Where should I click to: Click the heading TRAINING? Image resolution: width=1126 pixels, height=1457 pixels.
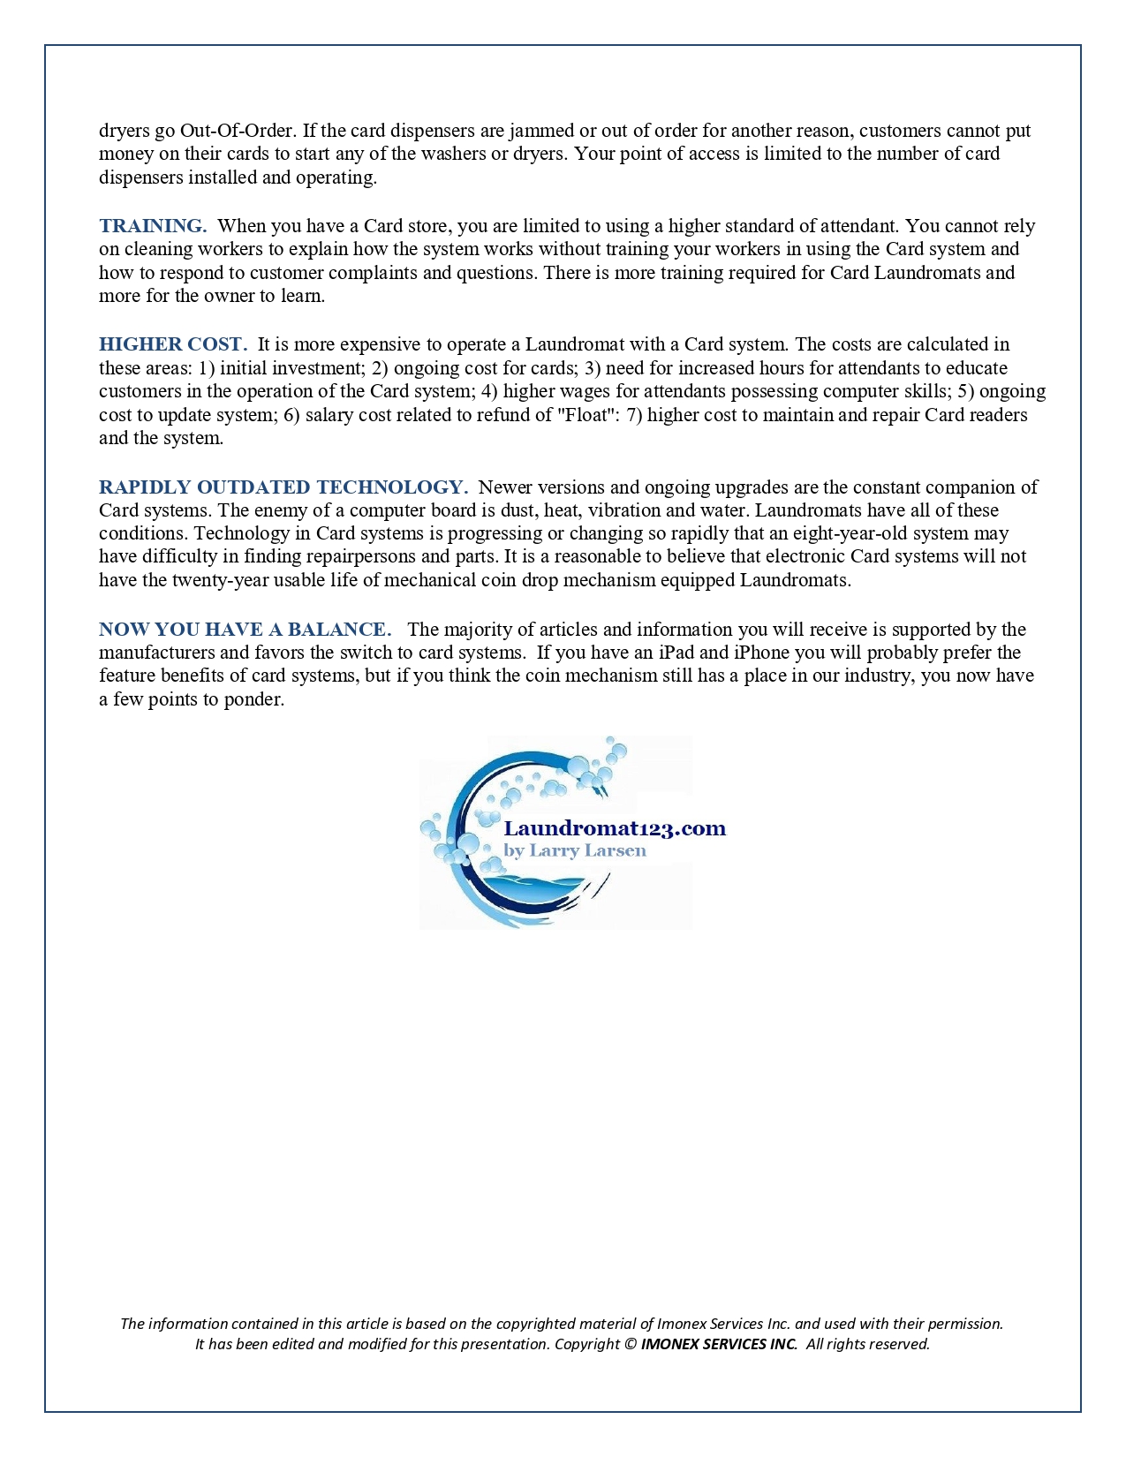(x=153, y=226)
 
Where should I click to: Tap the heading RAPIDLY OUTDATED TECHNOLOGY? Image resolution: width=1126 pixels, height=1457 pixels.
(x=283, y=487)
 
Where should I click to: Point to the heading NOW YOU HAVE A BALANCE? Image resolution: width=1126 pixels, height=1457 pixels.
(x=246, y=630)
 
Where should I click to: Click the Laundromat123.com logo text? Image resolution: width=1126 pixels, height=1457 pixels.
(x=615, y=828)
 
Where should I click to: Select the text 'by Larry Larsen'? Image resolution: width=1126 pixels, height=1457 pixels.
(x=575, y=850)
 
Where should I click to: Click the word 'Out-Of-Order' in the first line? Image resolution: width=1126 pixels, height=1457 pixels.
(x=236, y=131)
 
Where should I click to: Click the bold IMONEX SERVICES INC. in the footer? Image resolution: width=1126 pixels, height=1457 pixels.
(x=719, y=1344)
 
